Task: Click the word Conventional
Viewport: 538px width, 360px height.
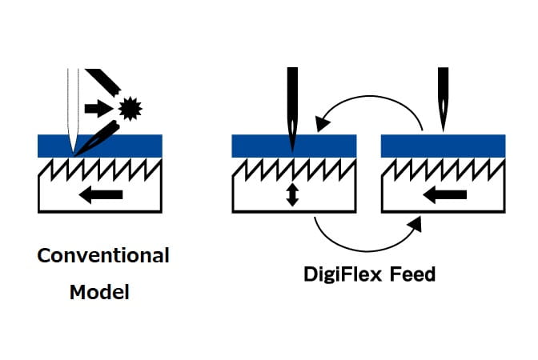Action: pos(103,256)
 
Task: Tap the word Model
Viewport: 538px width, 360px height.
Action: pos(99,292)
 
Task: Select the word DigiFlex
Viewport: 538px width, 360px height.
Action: pos(343,274)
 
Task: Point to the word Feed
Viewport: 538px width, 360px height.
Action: pos(413,274)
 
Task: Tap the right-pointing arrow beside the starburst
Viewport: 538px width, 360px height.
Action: pos(97,106)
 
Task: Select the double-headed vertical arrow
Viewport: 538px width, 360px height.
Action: pos(292,194)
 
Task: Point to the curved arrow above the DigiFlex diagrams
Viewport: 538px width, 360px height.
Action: pos(368,102)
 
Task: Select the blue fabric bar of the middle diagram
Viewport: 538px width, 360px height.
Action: pos(320,146)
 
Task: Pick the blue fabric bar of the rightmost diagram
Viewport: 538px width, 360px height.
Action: pos(464,146)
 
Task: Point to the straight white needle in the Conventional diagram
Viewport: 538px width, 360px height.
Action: pos(73,104)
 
